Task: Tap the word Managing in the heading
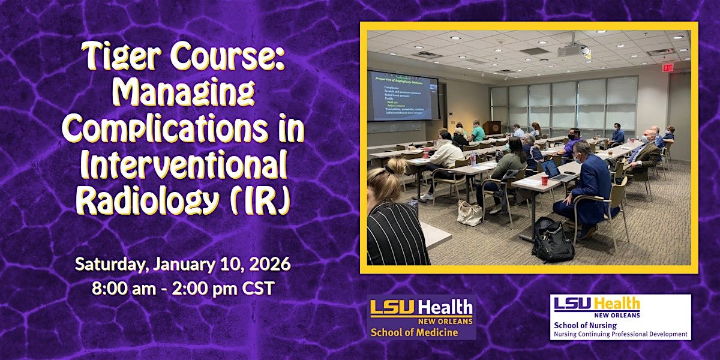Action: pyautogui.click(x=184, y=94)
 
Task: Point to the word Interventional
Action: pyautogui.click(x=184, y=166)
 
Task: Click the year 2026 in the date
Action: pyautogui.click(x=268, y=264)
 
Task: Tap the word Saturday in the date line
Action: pyautogui.click(x=112, y=264)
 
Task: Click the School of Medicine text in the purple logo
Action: pyautogui.click(x=414, y=332)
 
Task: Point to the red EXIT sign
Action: pyautogui.click(x=668, y=68)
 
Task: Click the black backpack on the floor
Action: pyautogui.click(x=552, y=240)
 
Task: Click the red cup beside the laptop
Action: pyautogui.click(x=545, y=180)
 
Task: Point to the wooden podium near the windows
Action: pyautogui.click(x=492, y=128)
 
